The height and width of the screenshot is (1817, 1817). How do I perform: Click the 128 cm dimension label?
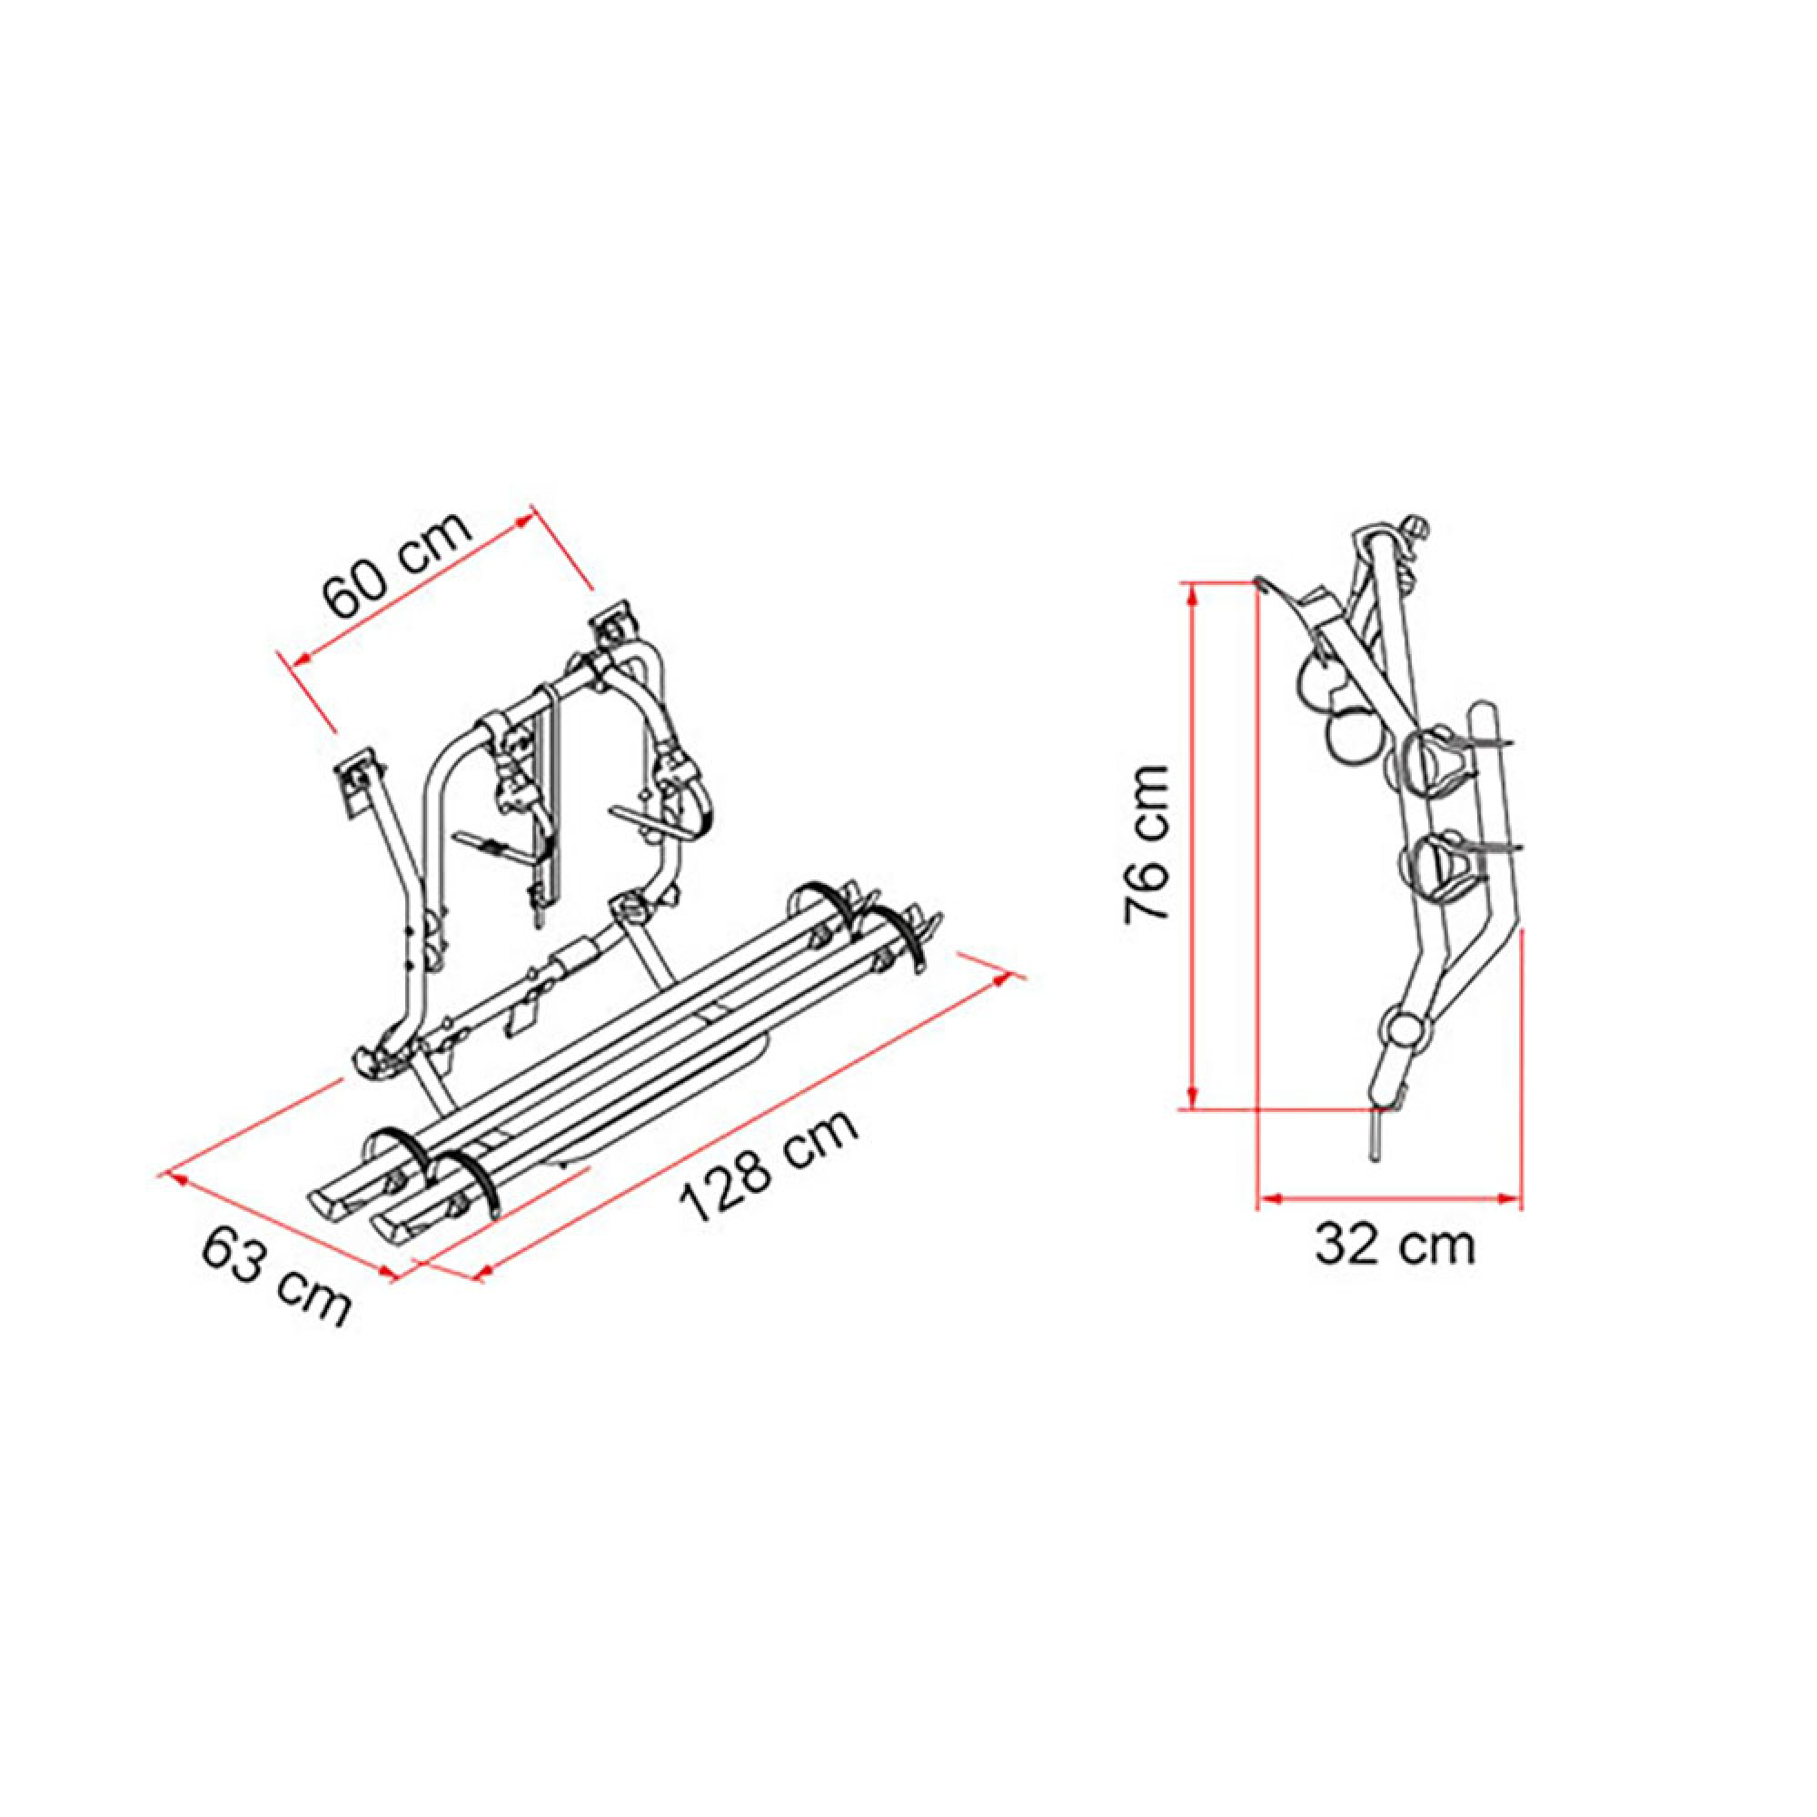[769, 1166]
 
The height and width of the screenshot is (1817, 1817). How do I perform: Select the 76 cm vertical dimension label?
[1147, 844]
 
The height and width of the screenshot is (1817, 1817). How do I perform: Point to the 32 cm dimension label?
[1395, 1246]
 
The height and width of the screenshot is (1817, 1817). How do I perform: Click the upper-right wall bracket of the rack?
[613, 625]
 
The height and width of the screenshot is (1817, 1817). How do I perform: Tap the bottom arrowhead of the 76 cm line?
[1193, 1099]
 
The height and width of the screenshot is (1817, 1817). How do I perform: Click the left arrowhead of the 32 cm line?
[1270, 1198]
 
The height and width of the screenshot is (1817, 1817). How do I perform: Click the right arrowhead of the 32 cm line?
[1511, 1198]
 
